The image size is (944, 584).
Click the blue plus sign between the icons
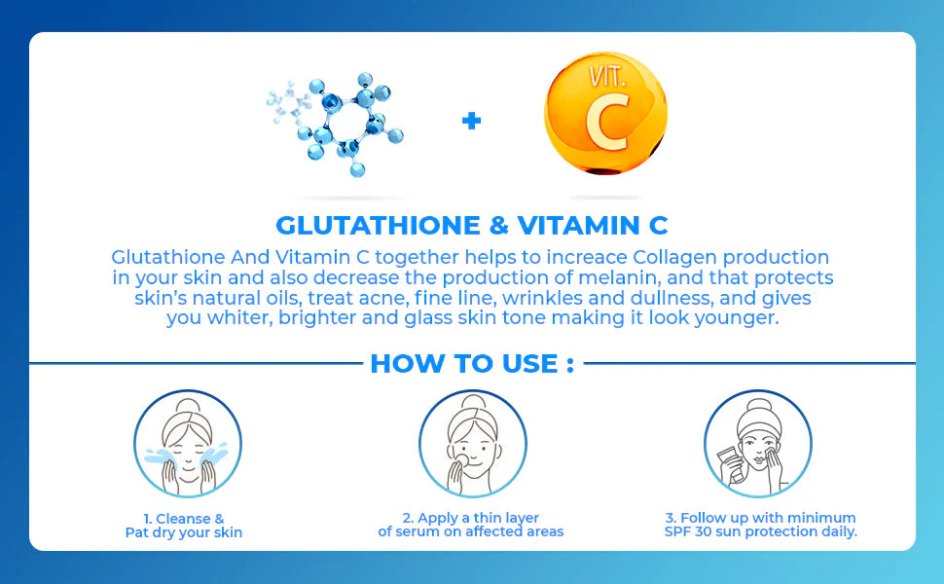471,121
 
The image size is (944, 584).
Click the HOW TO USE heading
471,364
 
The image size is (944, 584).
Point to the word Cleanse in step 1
181,519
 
